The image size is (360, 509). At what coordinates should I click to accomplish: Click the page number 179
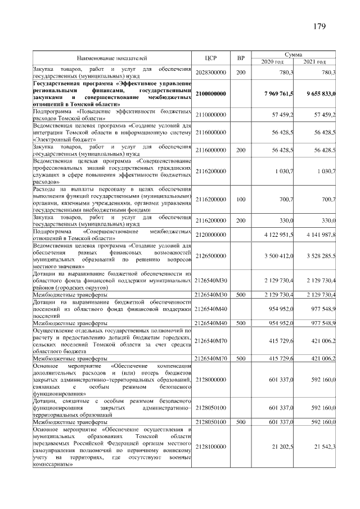point(318,26)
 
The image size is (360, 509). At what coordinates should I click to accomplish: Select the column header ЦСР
point(211,57)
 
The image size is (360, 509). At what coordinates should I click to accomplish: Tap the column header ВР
point(241,57)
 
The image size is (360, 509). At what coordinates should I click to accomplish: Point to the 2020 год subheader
point(273,61)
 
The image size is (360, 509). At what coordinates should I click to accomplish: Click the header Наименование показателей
point(112,57)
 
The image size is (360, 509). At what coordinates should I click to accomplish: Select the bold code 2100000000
point(211,93)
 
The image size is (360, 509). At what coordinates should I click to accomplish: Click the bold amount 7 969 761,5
point(274,93)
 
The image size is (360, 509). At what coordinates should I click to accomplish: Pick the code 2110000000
point(211,115)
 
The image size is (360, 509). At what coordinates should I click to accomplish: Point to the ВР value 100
point(241,199)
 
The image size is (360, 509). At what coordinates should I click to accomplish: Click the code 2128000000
point(211,380)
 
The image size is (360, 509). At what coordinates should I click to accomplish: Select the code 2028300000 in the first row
point(211,73)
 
